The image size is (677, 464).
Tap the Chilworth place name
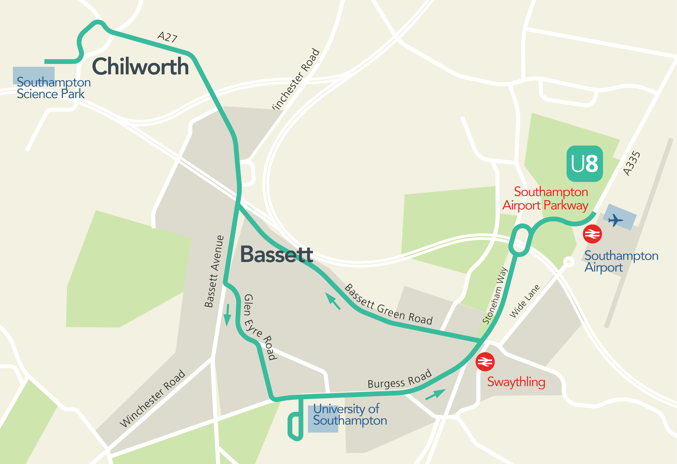point(140,66)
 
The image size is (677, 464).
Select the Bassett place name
point(276,254)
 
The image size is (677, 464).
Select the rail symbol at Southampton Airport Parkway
point(592,234)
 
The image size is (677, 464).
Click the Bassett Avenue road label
point(214,271)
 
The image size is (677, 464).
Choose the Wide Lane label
point(524,301)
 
